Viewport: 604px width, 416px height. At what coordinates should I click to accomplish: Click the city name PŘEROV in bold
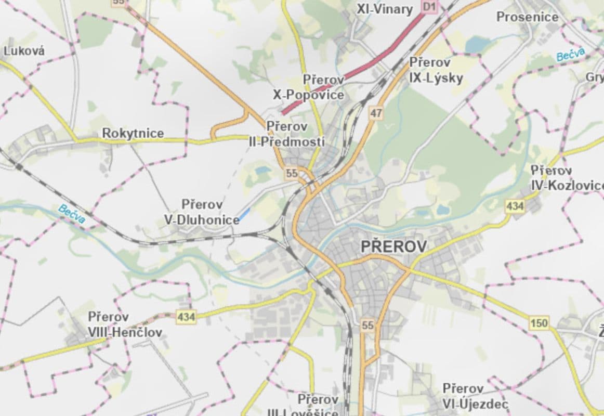click(x=393, y=246)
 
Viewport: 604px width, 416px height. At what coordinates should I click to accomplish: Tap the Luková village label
click(x=24, y=51)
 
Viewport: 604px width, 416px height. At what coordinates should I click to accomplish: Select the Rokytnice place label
click(x=133, y=134)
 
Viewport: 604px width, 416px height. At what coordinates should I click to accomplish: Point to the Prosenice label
click(x=527, y=17)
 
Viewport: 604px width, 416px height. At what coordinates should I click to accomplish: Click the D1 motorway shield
click(x=429, y=6)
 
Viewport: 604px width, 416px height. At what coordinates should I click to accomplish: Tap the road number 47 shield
click(x=376, y=112)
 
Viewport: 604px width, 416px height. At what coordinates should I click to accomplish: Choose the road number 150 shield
click(x=539, y=323)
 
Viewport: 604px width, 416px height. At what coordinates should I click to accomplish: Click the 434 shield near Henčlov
click(x=186, y=316)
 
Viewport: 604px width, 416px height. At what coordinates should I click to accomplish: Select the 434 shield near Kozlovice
click(x=515, y=206)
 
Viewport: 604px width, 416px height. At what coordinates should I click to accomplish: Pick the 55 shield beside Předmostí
click(x=292, y=174)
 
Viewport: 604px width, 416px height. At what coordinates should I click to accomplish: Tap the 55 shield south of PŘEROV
click(x=367, y=326)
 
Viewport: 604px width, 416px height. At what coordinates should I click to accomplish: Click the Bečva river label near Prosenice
click(x=570, y=54)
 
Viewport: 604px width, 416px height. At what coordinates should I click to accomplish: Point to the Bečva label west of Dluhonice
click(x=71, y=214)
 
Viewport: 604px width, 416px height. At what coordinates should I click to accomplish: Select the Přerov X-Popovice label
click(x=309, y=87)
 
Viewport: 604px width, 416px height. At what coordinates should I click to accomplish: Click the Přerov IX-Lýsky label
click(x=436, y=70)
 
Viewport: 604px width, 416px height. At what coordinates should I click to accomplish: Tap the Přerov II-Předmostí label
click(x=287, y=134)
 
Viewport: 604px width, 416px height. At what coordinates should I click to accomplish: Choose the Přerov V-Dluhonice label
click(x=202, y=212)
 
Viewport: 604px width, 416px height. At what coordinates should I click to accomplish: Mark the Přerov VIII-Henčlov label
click(x=124, y=324)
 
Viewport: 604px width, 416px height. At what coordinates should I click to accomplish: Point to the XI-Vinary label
click(x=384, y=9)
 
